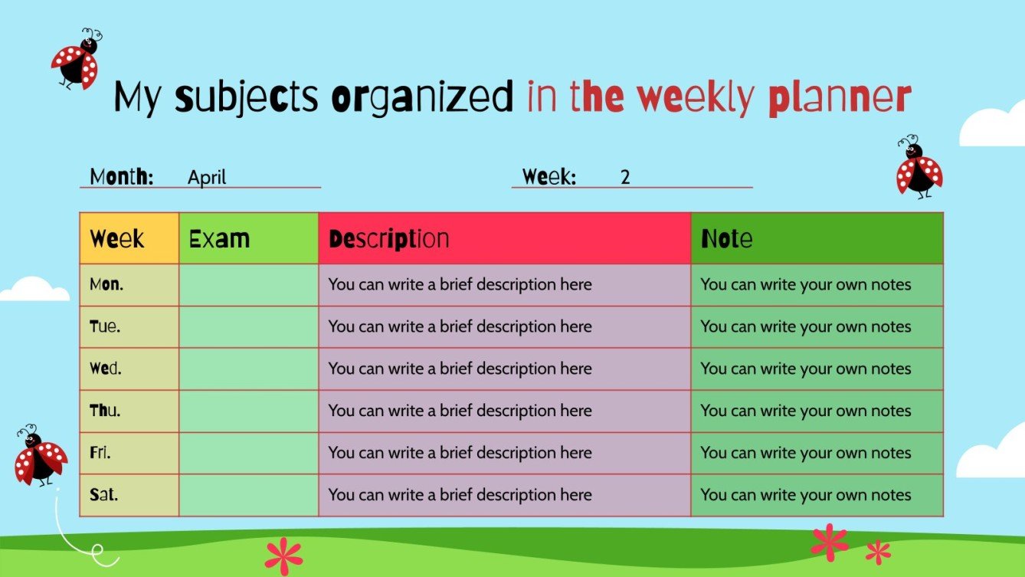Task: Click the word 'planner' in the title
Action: click(839, 98)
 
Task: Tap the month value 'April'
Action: click(207, 178)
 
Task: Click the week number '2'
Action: click(625, 178)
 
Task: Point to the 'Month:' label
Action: click(122, 177)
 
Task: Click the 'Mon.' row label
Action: click(106, 285)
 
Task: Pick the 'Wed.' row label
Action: click(106, 369)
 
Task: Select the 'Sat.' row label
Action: click(104, 495)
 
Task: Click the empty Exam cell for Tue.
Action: click(248, 327)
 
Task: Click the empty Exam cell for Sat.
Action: click(248, 495)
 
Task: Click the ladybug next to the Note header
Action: click(919, 168)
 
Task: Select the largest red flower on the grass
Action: click(829, 542)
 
